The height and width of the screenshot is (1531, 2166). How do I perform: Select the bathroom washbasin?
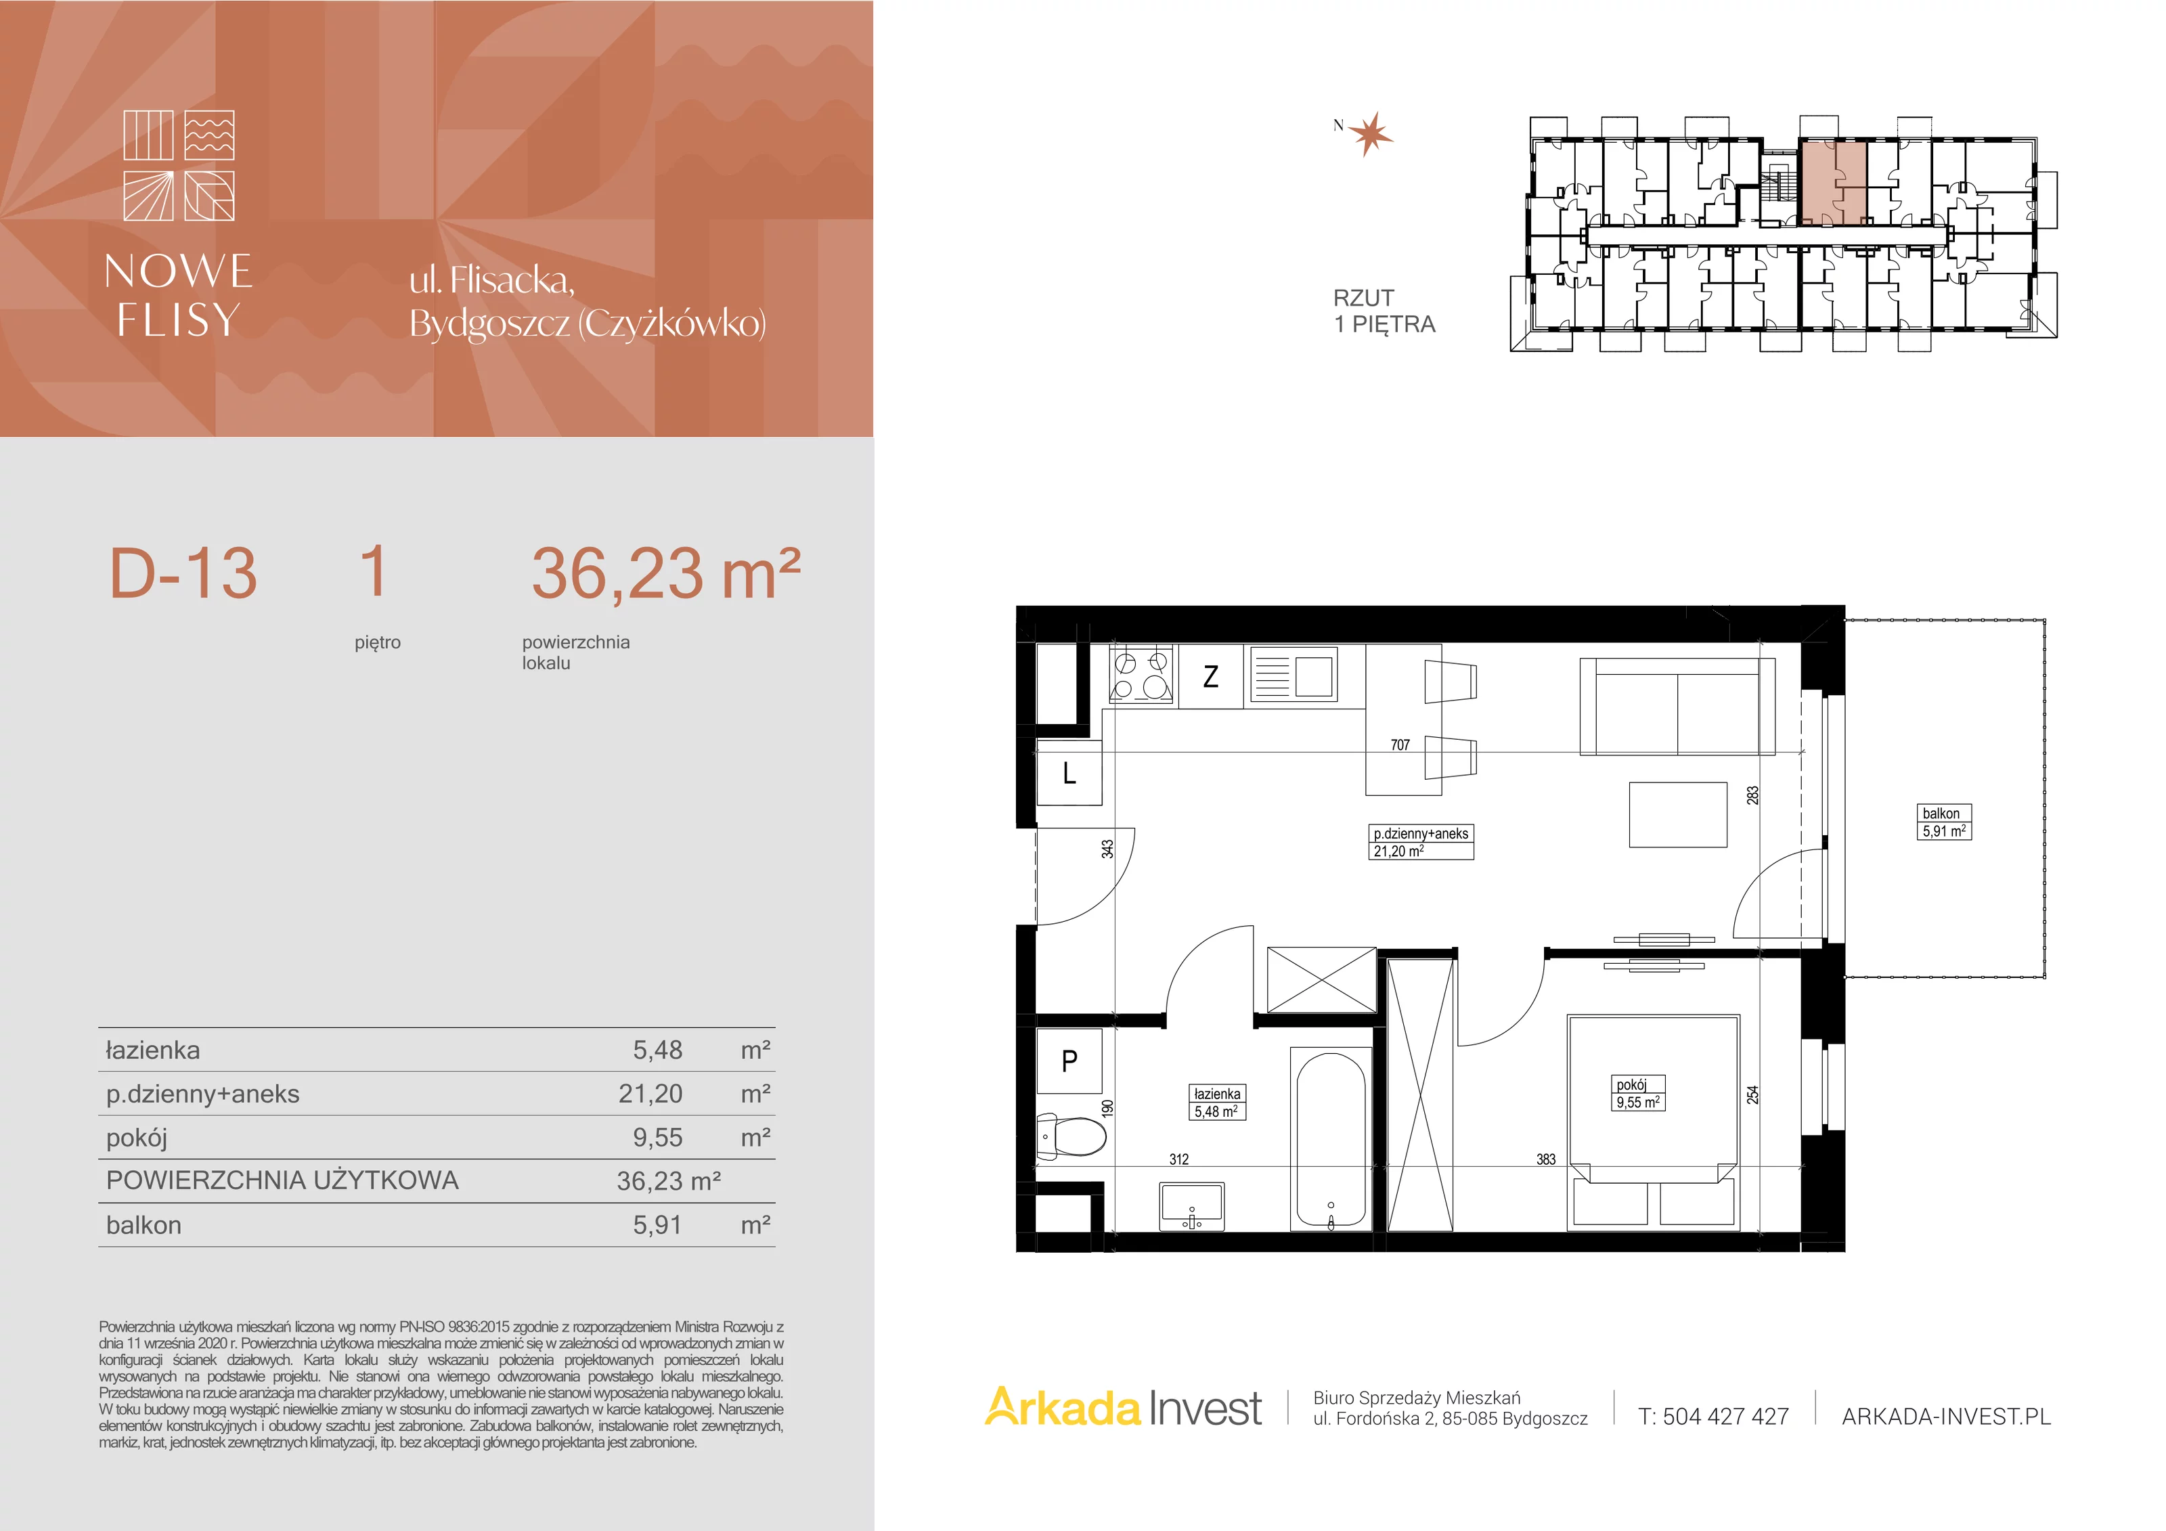click(x=1193, y=1207)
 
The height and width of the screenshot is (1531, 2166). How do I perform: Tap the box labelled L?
click(x=1069, y=774)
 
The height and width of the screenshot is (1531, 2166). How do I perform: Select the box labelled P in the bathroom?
click(x=1069, y=1061)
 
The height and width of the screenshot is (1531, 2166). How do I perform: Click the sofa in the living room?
click(x=1677, y=707)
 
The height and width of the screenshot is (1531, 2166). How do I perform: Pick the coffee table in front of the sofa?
click(x=1677, y=814)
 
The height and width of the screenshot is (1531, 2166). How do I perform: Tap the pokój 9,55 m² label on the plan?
click(x=1639, y=1093)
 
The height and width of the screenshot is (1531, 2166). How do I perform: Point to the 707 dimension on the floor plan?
click(x=1400, y=745)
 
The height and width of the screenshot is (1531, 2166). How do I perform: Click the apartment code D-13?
click(x=183, y=573)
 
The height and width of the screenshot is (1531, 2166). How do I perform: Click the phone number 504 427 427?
click(x=1725, y=1416)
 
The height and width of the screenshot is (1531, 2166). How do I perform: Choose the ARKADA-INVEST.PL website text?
click(x=1946, y=1416)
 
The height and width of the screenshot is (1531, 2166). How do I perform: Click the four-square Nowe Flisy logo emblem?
click(x=179, y=165)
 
